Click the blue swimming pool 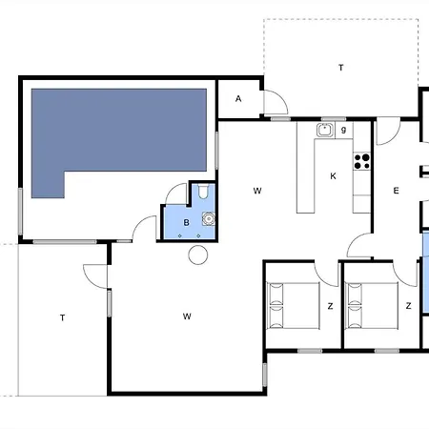(119, 131)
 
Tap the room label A (238, 99)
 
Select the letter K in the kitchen (333, 176)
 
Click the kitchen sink (324, 130)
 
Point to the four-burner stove (362, 161)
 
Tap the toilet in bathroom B (203, 192)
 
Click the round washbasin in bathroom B (209, 219)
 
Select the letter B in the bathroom (187, 223)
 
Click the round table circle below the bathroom (198, 255)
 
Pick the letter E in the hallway (396, 191)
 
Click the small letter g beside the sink (343, 130)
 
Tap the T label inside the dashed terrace (341, 68)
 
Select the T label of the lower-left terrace (63, 317)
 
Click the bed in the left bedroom (293, 306)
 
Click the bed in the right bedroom (372, 306)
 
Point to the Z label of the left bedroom (331, 306)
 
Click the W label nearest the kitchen (257, 191)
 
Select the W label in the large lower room (187, 317)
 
